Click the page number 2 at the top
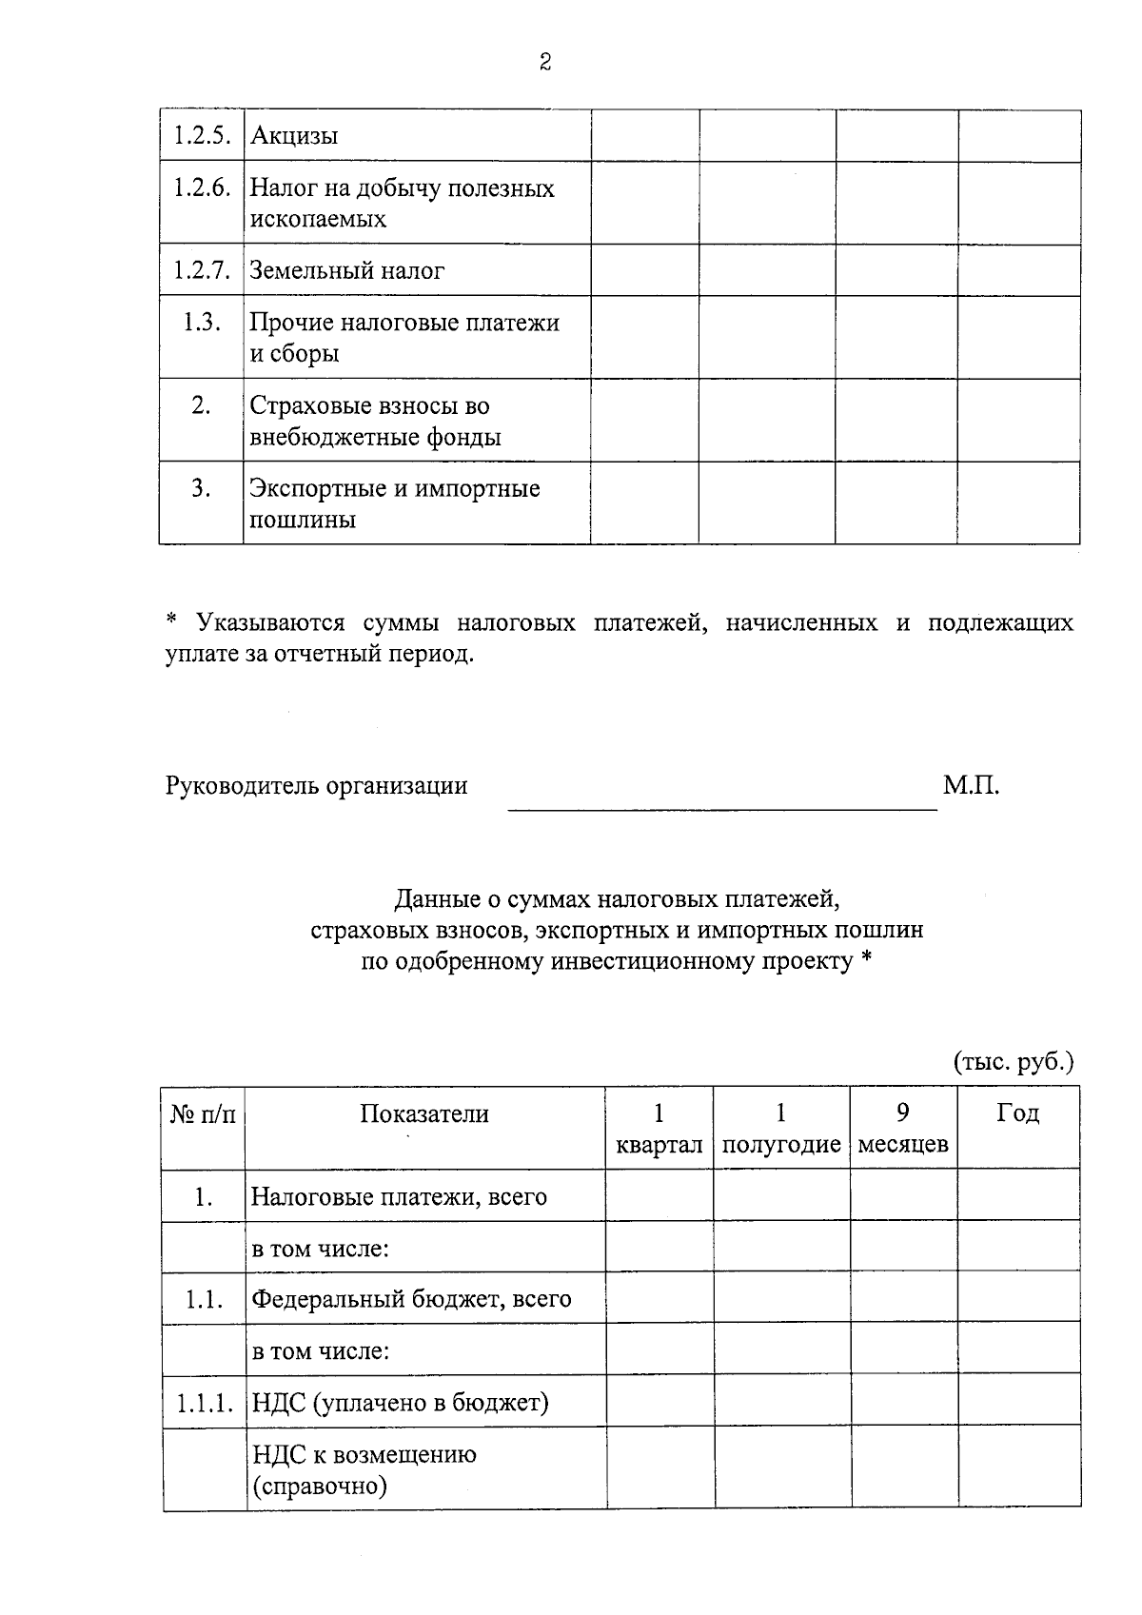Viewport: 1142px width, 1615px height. pyautogui.click(x=544, y=63)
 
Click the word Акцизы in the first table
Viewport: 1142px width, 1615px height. pyautogui.click(x=294, y=136)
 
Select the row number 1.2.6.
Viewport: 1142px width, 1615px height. pyautogui.click(x=202, y=187)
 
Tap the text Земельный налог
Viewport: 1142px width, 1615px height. pyautogui.click(x=346, y=271)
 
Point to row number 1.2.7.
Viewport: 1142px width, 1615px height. pyautogui.click(x=202, y=271)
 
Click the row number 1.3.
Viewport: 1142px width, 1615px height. pyautogui.click(x=202, y=323)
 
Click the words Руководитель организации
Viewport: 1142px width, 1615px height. pyautogui.click(x=317, y=786)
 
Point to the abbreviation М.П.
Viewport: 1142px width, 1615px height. pyautogui.click(x=971, y=786)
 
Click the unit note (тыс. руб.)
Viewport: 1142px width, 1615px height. pyautogui.click(x=1013, y=1062)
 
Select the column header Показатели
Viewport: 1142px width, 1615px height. pyautogui.click(x=424, y=1114)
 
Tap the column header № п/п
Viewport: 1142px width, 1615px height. pyautogui.click(x=203, y=1114)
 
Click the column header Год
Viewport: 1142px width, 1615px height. pyautogui.click(x=1017, y=1113)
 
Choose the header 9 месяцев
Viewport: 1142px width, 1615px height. pyautogui.click(x=902, y=1129)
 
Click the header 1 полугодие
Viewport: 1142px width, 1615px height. pyautogui.click(x=780, y=1129)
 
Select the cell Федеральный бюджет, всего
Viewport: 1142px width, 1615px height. pyautogui.click(x=411, y=1299)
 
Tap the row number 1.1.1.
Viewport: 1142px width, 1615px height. pyautogui.click(x=203, y=1403)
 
